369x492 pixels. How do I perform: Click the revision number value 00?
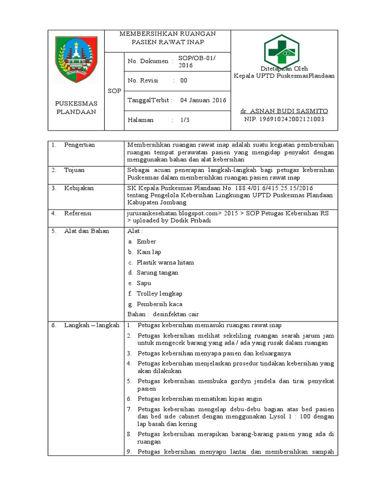point(184,81)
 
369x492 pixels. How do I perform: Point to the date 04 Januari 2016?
point(203,100)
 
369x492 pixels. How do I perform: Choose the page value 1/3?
point(185,120)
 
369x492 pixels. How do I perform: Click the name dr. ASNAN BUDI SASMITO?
point(284,111)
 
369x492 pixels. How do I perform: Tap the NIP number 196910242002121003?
point(284,119)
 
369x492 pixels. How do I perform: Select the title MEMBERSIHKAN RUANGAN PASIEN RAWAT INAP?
point(167,37)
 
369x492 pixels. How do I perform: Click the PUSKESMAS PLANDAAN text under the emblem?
point(76,108)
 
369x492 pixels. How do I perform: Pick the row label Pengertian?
point(79,145)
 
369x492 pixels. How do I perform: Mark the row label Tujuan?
point(74,170)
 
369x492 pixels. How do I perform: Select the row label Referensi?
point(78,213)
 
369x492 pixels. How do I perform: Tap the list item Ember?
point(146,242)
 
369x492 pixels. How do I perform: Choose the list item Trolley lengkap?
point(159,293)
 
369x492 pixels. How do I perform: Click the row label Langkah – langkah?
point(91,325)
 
